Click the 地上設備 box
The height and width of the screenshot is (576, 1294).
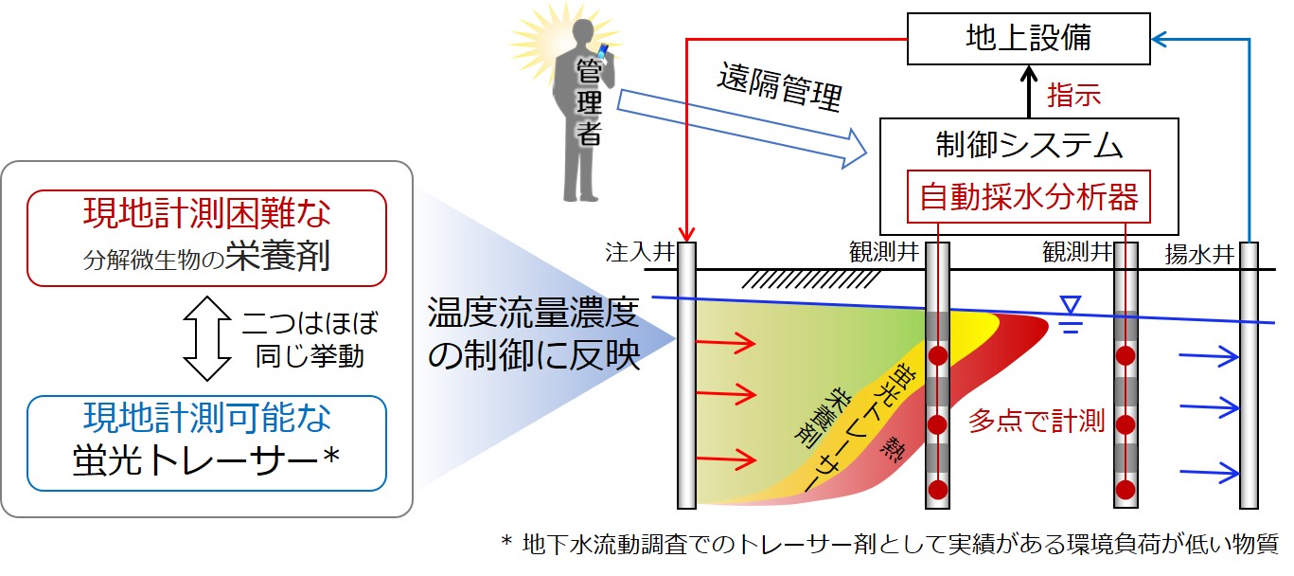[x=1028, y=39]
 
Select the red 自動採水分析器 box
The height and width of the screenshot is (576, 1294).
[x=1030, y=199]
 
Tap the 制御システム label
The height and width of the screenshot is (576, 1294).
[x=1030, y=146]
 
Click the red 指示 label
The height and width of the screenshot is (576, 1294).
[x=1073, y=95]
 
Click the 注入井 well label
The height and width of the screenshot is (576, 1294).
[x=631, y=253]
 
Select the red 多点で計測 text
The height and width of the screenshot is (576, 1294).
[x=1037, y=422]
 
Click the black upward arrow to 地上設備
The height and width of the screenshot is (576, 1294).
[x=1029, y=91]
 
